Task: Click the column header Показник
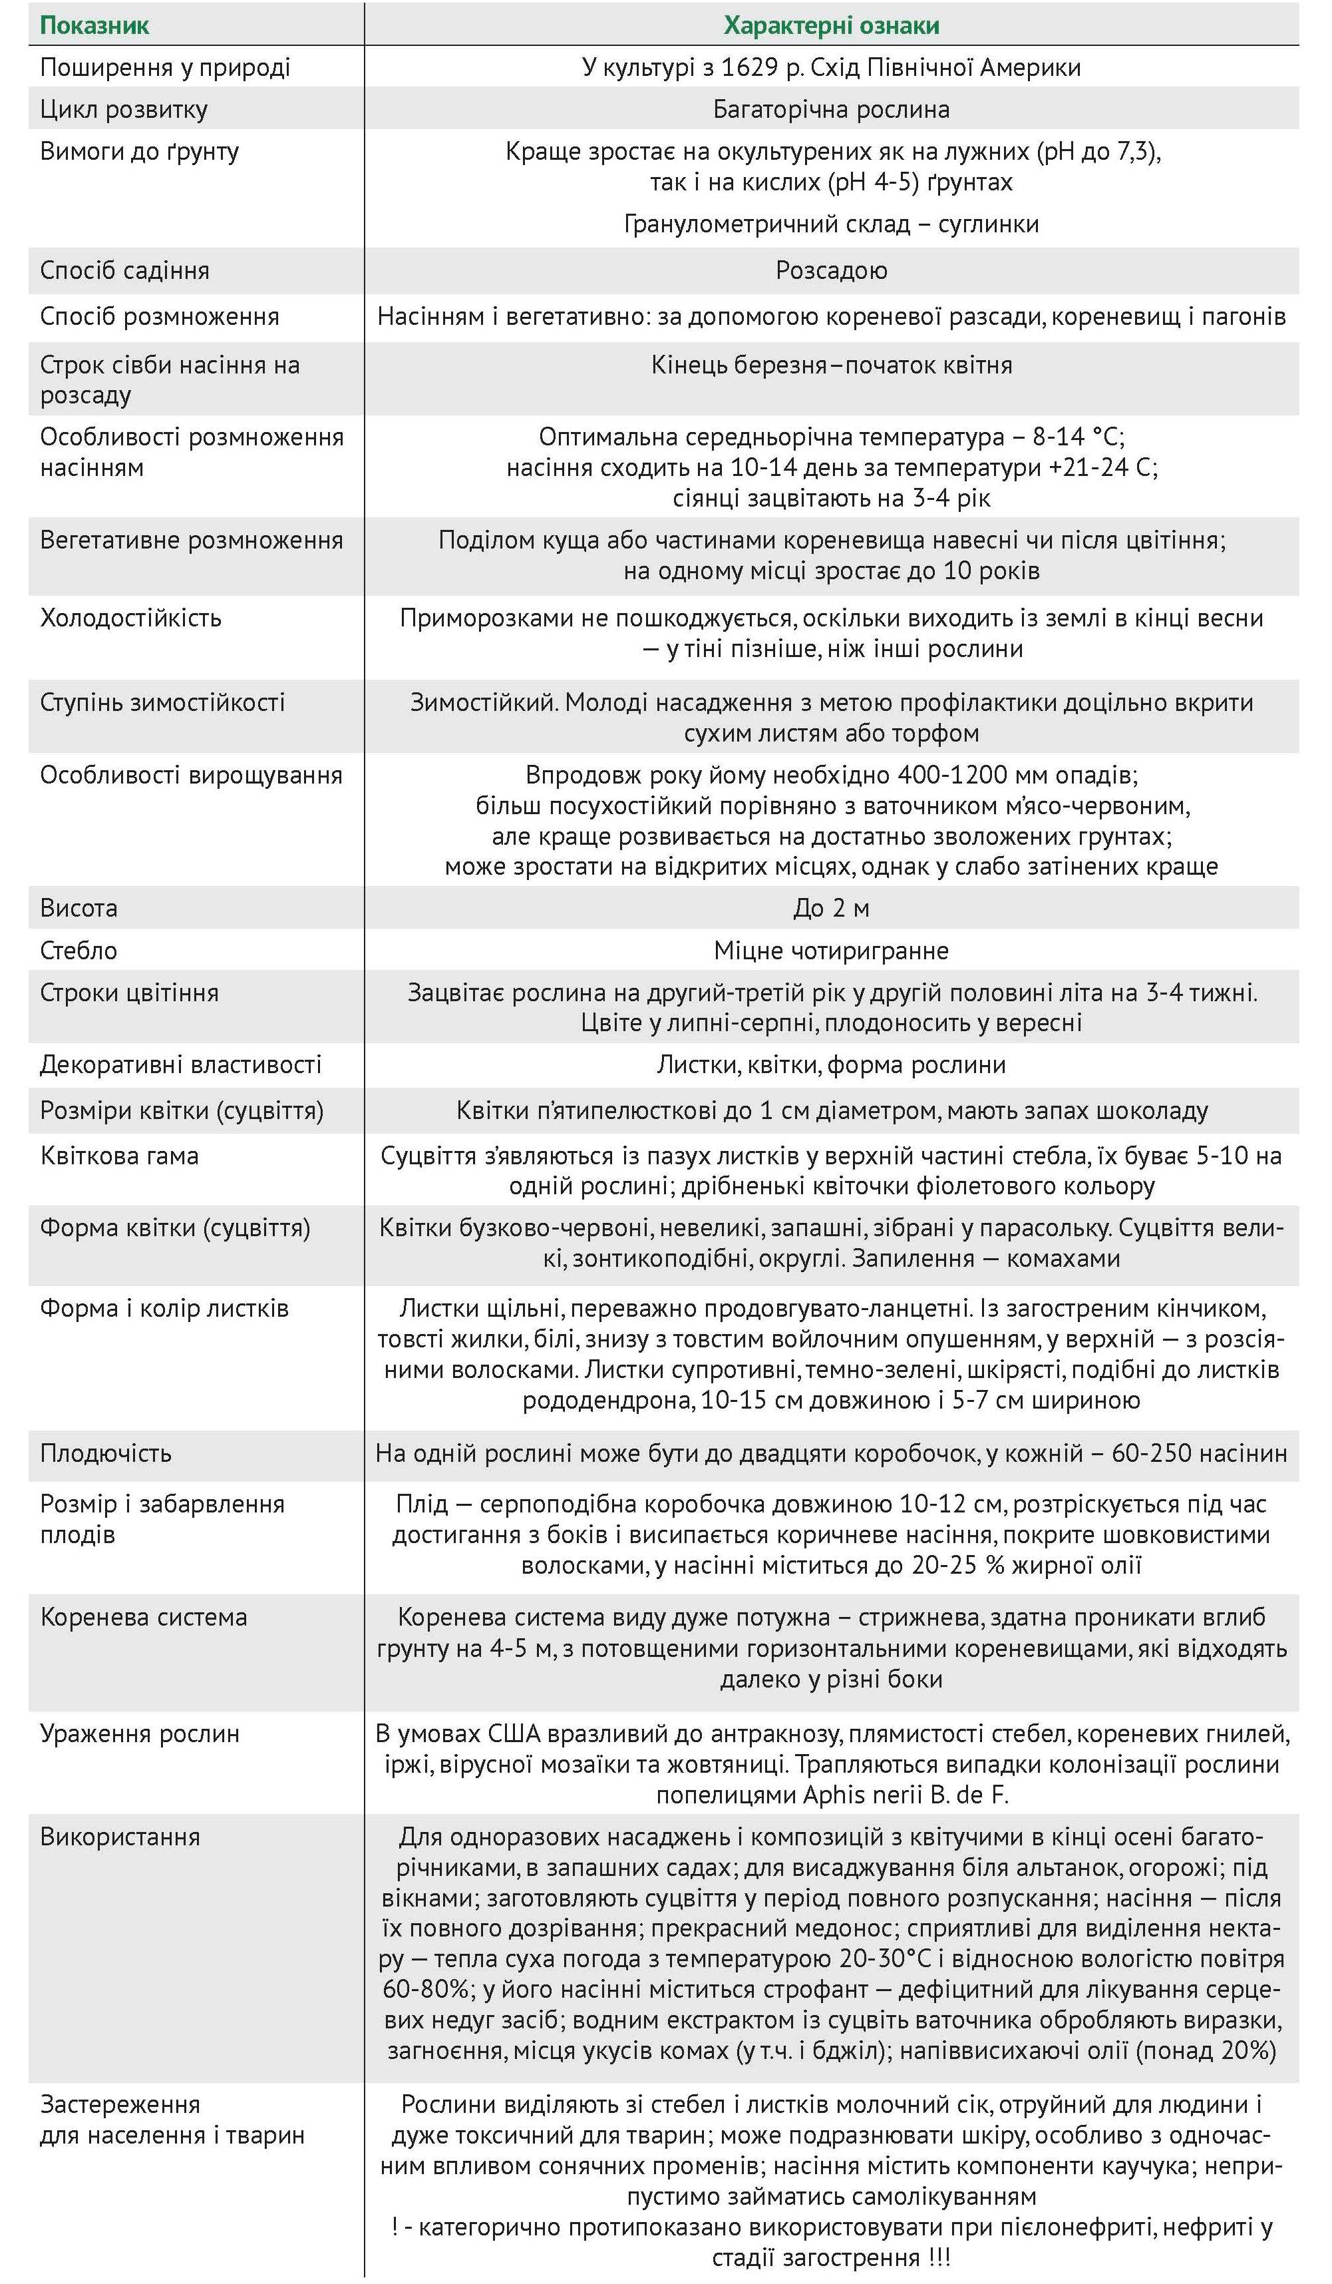tap(94, 25)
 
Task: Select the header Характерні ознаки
tap(831, 25)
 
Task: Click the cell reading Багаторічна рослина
tap(831, 110)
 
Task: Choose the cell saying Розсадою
tap(831, 270)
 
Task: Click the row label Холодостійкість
tap(130, 618)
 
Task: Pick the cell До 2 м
tap(831, 908)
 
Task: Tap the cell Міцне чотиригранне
tap(831, 951)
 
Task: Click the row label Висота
tap(79, 908)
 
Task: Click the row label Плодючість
tap(106, 1453)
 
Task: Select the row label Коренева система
tap(143, 1617)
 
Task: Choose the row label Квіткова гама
tap(118, 1156)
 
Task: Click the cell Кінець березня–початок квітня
tap(831, 365)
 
